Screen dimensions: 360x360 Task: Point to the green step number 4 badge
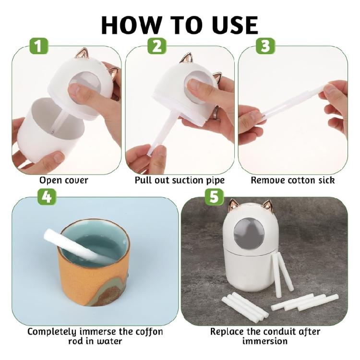[x=47, y=197]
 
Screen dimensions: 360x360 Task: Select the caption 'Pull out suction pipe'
[x=180, y=181]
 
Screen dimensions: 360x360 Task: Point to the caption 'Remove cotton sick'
[x=292, y=181]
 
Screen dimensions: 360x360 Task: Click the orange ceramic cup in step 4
[x=89, y=283]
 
